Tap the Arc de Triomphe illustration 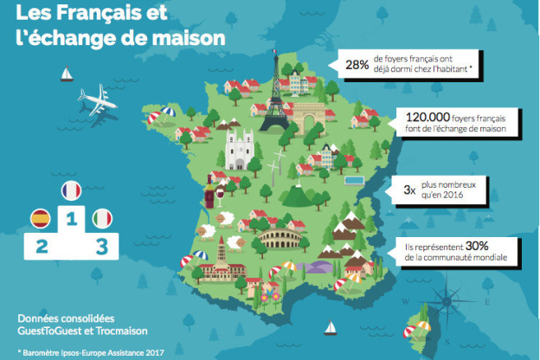309,117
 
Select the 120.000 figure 423,117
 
